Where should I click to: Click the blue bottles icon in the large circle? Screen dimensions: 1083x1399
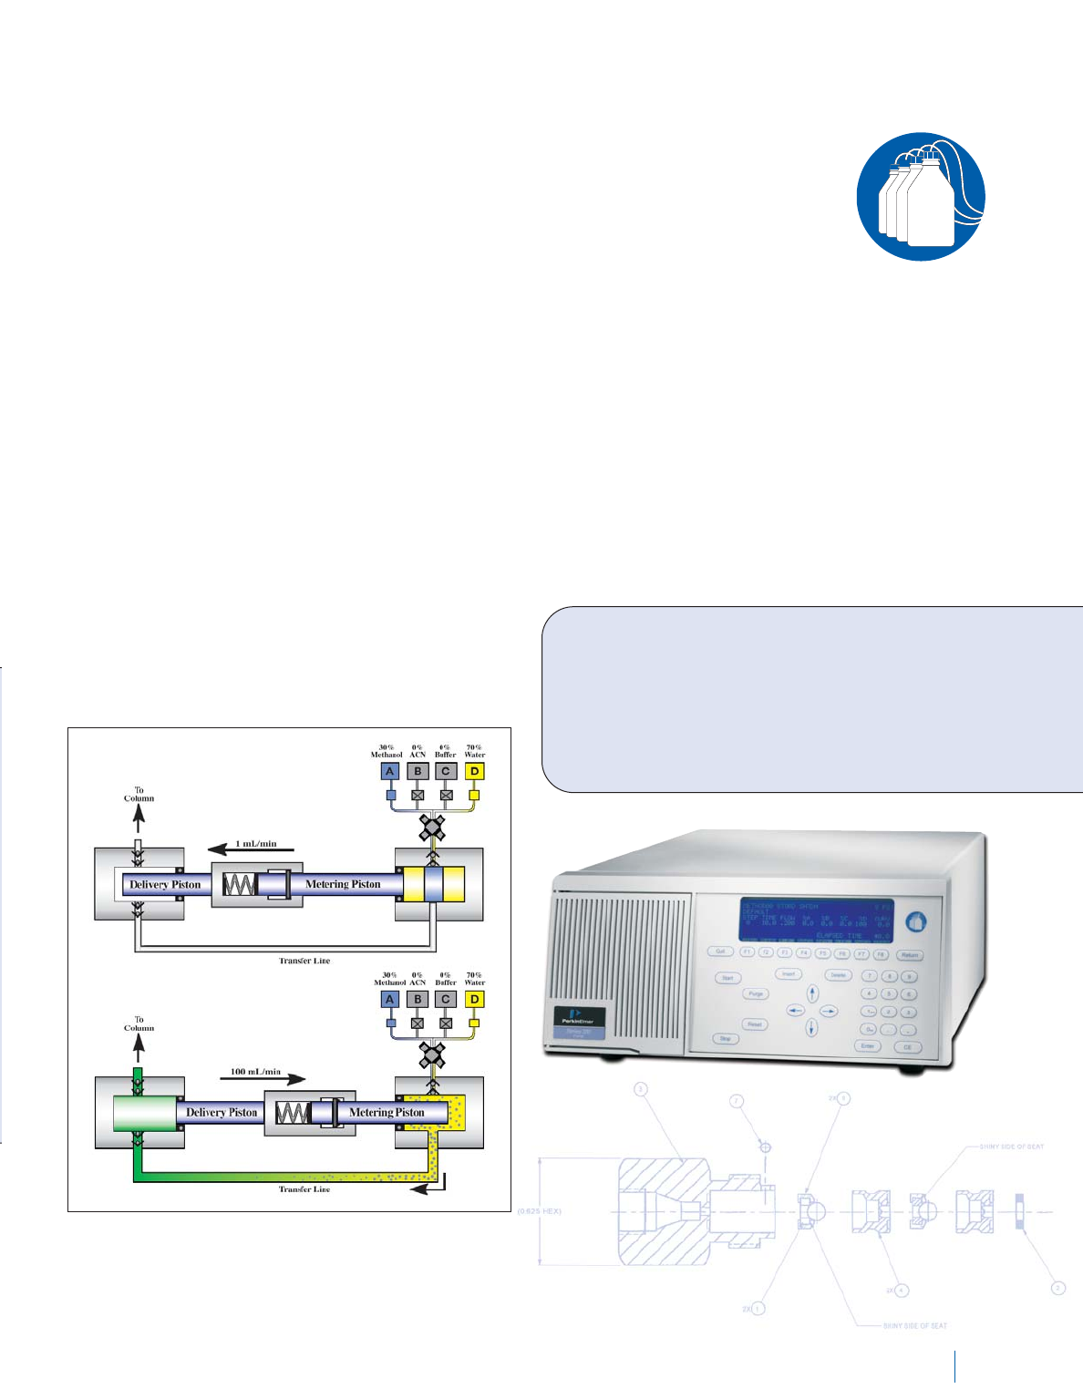(x=921, y=196)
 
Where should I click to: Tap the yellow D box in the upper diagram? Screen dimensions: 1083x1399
(x=474, y=771)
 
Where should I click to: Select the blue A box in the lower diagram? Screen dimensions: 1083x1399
(x=390, y=999)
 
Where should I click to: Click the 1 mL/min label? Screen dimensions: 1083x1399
(x=256, y=844)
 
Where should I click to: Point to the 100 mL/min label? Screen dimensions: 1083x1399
(x=255, y=1072)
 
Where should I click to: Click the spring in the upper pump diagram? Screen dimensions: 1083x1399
(x=240, y=885)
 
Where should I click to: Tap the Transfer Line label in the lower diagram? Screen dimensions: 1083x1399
(x=304, y=1189)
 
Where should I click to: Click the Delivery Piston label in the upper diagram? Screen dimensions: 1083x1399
(x=165, y=885)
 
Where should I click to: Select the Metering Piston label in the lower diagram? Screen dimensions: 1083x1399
(x=387, y=1113)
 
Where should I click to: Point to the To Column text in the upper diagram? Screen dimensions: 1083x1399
(x=139, y=795)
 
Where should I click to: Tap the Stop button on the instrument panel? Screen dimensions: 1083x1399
(x=726, y=1038)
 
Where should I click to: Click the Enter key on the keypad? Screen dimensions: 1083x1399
(x=868, y=1046)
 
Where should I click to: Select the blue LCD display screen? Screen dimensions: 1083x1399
(x=816, y=921)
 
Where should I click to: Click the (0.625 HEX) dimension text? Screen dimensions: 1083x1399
(x=540, y=1211)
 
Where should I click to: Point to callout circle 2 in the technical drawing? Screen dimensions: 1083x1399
(x=1058, y=1288)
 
